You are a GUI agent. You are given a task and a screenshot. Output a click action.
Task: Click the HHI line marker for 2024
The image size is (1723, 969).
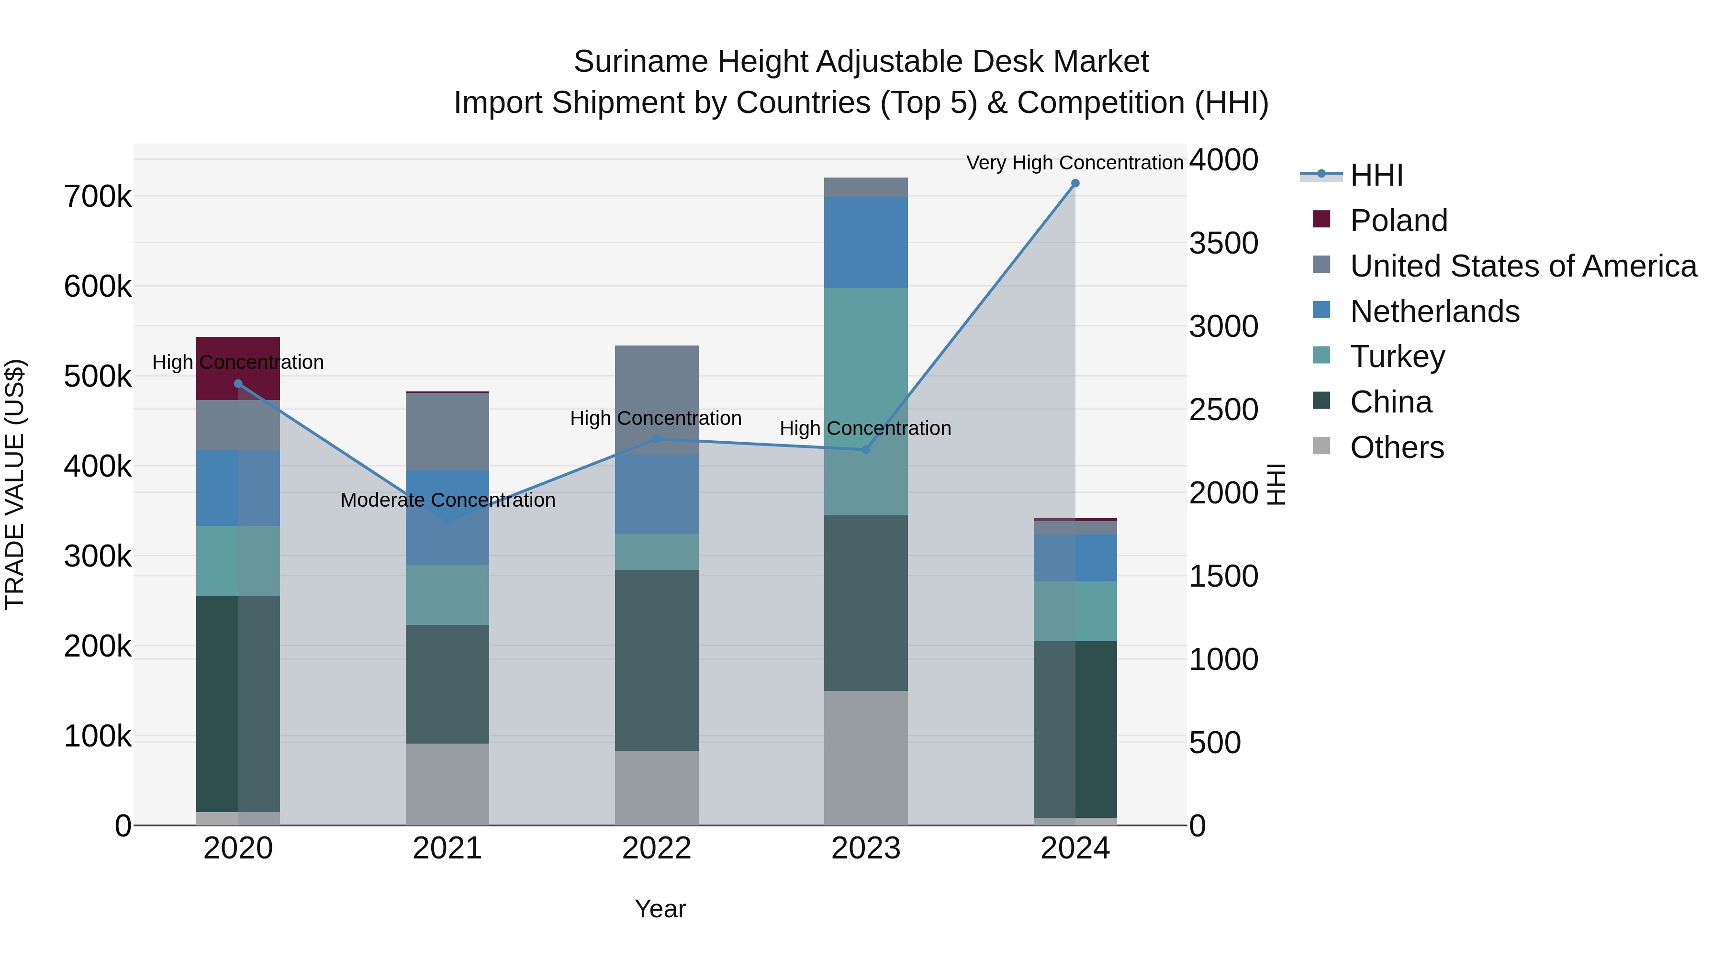[1075, 183]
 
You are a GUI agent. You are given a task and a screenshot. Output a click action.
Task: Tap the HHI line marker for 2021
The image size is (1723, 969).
[448, 520]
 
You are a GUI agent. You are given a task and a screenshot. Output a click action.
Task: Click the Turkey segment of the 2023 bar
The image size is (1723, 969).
[865, 401]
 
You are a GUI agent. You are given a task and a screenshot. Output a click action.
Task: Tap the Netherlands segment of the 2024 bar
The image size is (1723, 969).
[1075, 558]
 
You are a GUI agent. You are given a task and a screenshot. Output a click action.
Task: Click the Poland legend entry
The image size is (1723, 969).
[1398, 221]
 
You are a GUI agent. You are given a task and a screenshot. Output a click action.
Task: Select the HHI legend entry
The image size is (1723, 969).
[1376, 175]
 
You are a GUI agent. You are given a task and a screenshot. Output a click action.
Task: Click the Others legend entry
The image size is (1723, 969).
[1397, 447]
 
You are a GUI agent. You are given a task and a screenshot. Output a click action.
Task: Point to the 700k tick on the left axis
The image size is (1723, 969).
[98, 197]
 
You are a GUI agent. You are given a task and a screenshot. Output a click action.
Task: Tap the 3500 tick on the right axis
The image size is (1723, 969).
[1223, 244]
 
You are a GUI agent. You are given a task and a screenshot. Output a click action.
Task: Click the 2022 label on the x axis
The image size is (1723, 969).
[656, 848]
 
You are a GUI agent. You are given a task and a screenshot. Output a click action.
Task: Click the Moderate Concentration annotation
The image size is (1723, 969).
[448, 500]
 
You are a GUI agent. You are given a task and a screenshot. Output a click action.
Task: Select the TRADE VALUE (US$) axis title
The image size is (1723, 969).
[15, 484]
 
